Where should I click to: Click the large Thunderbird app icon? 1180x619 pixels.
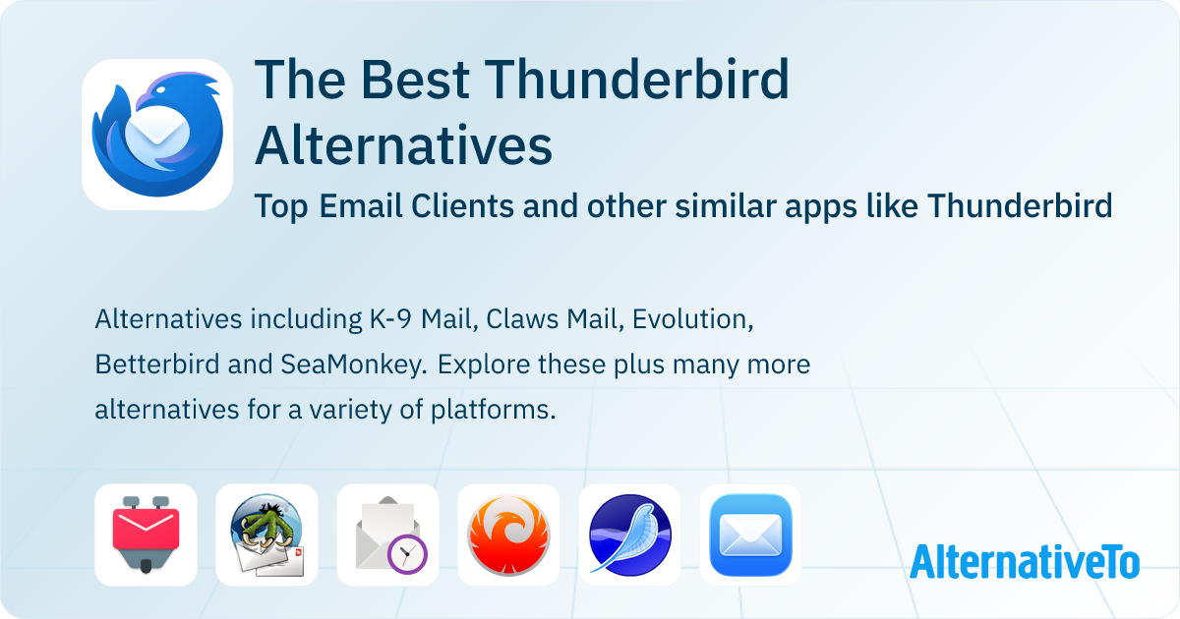(x=157, y=135)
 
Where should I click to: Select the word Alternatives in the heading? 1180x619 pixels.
(x=403, y=145)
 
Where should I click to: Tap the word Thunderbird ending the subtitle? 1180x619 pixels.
(x=1020, y=206)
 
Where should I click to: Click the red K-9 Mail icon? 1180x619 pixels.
(x=146, y=535)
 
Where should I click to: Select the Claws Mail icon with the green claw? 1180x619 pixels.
(x=266, y=535)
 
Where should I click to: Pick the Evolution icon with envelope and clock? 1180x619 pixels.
(x=387, y=535)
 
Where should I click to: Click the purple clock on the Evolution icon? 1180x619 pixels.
(x=406, y=555)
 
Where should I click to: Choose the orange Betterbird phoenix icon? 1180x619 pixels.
(x=508, y=535)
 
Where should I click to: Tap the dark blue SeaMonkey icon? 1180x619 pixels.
(x=629, y=535)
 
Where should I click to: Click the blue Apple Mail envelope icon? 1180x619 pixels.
(x=750, y=535)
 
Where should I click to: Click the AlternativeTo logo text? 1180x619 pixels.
(x=1025, y=561)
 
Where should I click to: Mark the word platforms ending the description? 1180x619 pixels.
(x=501, y=409)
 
